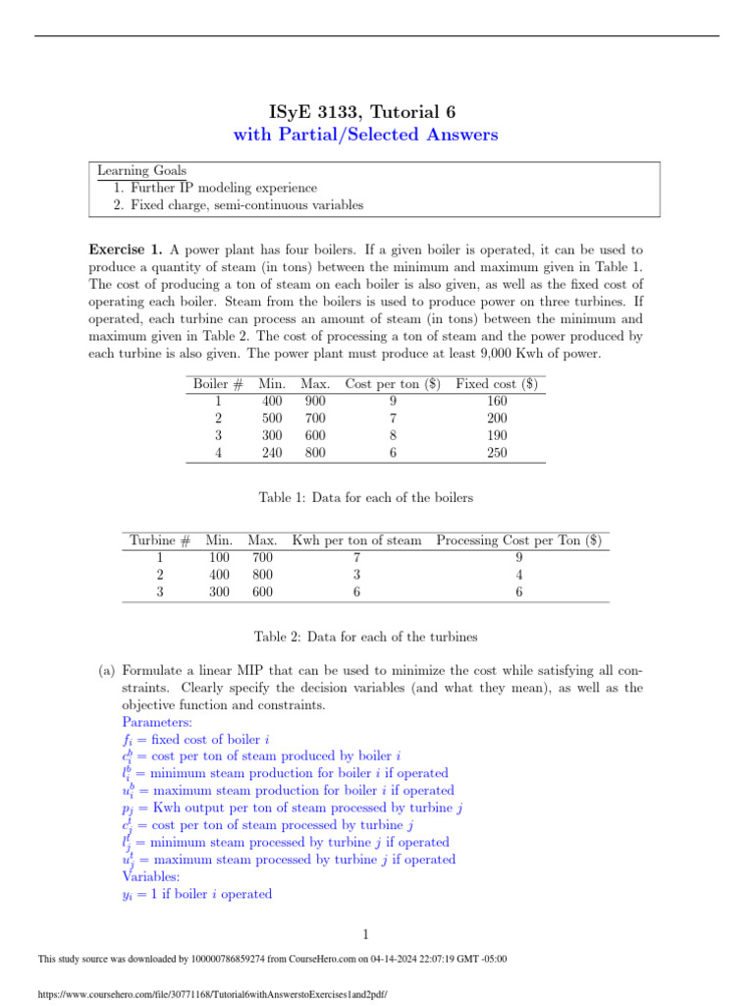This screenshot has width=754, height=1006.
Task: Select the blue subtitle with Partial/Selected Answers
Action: (364, 135)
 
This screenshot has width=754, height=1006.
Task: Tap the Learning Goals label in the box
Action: (141, 171)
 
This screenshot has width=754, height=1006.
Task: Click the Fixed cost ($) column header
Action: (495, 382)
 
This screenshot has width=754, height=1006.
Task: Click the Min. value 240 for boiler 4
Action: (272, 453)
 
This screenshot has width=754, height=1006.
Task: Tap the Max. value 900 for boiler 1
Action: (314, 400)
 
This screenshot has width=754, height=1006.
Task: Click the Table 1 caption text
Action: (365, 498)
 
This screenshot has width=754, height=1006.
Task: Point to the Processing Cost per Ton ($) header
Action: (518, 540)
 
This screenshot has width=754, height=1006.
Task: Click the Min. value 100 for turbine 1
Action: (220, 558)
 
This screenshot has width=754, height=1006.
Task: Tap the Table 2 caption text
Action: (365, 637)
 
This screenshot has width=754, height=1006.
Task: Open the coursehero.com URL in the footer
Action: (211, 994)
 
